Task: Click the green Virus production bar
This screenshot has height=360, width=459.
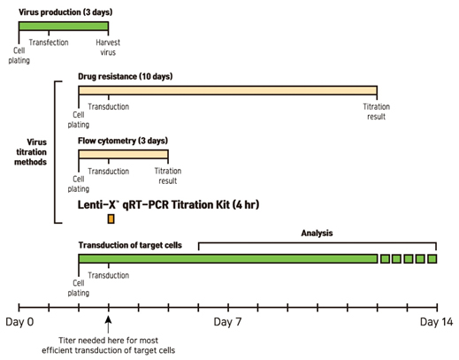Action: coord(64,26)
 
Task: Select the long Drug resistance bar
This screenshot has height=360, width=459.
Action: coord(227,90)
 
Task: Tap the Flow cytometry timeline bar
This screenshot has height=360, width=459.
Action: coord(123,154)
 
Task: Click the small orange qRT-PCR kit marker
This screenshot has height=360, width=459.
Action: coord(111,219)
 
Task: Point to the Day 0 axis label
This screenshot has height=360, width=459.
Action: coord(19,322)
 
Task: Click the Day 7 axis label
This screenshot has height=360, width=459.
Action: coord(227,322)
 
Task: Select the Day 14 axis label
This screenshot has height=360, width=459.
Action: coord(436,322)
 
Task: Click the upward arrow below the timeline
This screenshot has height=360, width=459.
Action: coord(109,325)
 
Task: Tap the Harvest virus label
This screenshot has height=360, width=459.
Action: coord(108,48)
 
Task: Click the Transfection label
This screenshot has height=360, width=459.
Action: coord(49,42)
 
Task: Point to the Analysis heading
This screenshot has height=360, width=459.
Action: coord(317,234)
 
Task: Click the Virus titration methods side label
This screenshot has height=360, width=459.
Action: coord(31,152)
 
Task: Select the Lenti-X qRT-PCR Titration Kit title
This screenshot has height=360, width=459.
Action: coord(168,204)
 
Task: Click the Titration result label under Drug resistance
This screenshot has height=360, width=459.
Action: coord(377,111)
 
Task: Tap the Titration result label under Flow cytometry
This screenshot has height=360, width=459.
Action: coord(168,176)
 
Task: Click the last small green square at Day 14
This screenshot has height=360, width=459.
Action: coord(432,259)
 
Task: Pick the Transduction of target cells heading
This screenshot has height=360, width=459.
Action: coord(130,245)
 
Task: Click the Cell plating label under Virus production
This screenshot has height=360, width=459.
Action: coord(19,56)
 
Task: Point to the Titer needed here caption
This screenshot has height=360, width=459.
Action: coord(109,345)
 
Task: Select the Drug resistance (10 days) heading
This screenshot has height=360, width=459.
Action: coord(126,77)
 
